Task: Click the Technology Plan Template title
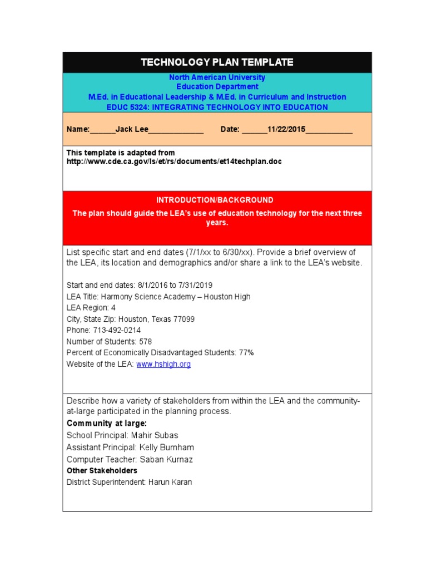tap(217, 62)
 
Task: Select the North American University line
tap(217, 77)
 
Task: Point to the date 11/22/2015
tap(286, 129)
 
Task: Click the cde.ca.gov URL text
tap(174, 161)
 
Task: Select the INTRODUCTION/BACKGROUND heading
tap(215, 200)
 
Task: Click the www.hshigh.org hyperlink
tap(163, 364)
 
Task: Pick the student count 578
tap(146, 341)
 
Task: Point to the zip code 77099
tap(183, 319)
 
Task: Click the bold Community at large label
tap(106, 423)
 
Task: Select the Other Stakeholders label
tap(102, 471)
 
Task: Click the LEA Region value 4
tap(113, 307)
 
